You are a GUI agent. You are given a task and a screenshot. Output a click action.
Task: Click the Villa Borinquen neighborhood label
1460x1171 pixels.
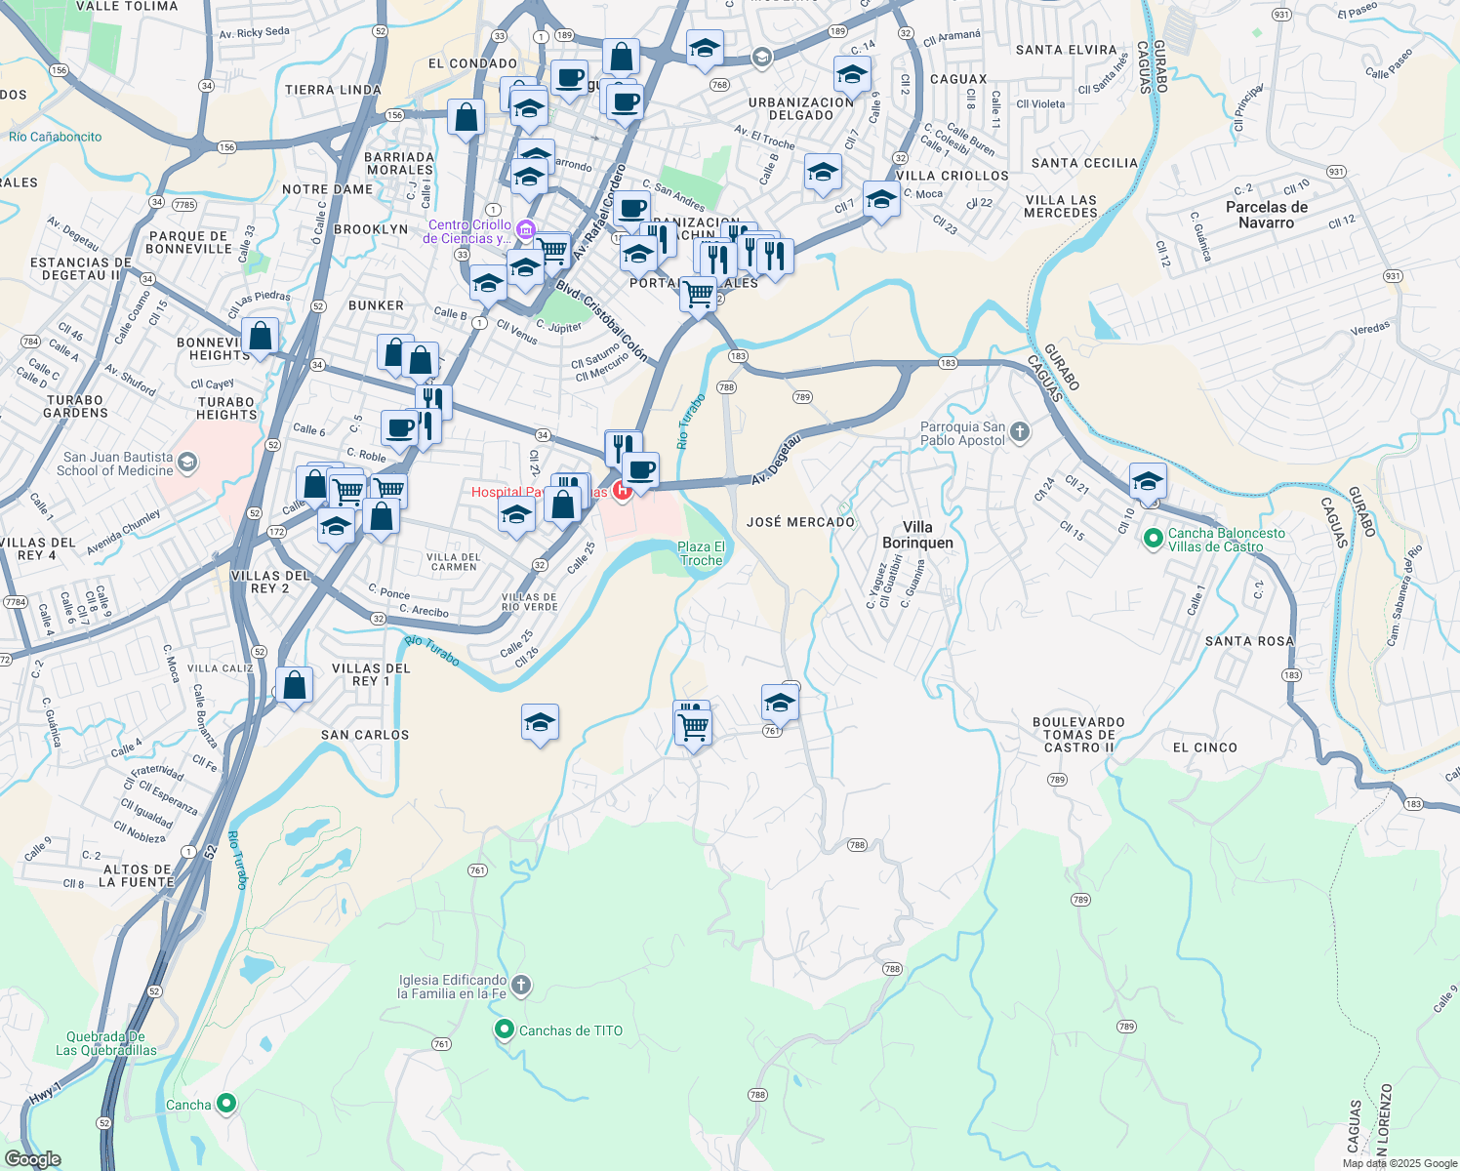point(917,535)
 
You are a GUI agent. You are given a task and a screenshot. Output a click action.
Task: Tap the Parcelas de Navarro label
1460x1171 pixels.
point(1266,215)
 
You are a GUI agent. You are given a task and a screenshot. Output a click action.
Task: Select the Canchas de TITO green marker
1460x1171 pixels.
point(505,1030)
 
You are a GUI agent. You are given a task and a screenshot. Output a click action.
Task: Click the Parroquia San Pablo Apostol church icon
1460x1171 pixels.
point(1019,431)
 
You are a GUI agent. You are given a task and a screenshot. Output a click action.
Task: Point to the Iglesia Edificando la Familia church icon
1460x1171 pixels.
point(521,986)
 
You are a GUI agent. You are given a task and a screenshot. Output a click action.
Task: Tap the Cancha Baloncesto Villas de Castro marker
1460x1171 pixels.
point(1153,538)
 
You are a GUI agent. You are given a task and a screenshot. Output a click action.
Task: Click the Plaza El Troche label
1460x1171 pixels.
point(702,553)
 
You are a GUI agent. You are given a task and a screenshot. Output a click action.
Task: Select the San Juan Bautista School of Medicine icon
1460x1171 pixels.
point(187,463)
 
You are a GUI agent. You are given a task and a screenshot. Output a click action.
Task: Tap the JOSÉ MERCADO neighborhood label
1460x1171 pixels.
point(800,522)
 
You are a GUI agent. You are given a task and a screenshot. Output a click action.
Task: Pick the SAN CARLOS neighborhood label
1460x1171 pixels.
point(365,735)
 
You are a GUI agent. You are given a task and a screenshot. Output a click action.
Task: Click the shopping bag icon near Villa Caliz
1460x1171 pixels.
point(294,685)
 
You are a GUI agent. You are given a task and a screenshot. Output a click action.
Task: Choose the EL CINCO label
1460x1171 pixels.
point(1204,747)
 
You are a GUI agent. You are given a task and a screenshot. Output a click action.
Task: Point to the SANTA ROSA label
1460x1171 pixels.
point(1249,641)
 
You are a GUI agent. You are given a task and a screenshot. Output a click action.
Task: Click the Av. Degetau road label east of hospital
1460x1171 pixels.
point(776,460)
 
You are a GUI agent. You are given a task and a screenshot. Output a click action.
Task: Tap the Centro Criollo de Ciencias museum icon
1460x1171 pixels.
point(525,230)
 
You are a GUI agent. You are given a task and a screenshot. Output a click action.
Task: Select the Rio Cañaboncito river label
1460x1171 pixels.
point(55,137)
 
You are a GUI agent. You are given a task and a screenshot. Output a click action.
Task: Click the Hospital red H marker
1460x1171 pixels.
point(622,491)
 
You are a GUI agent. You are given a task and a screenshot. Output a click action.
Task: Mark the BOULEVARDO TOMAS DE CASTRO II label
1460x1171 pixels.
point(1078,735)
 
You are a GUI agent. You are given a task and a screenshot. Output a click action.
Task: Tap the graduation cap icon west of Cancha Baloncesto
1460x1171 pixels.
point(1148,481)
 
